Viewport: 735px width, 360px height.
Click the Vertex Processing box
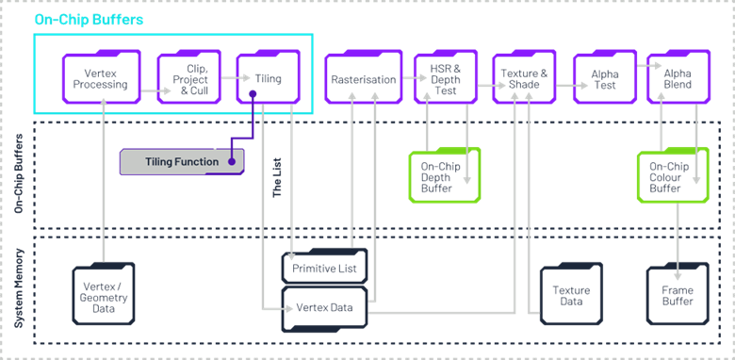(x=101, y=76)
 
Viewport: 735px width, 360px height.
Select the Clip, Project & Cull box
(x=188, y=76)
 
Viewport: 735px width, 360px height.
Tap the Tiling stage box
(x=268, y=76)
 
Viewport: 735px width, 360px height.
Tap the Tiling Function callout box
(x=181, y=161)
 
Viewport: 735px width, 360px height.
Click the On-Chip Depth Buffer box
(x=443, y=176)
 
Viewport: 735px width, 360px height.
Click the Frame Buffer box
(x=677, y=295)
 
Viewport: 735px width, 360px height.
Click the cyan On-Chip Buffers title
(x=76, y=19)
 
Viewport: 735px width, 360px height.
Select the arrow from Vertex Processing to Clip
(x=148, y=91)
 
